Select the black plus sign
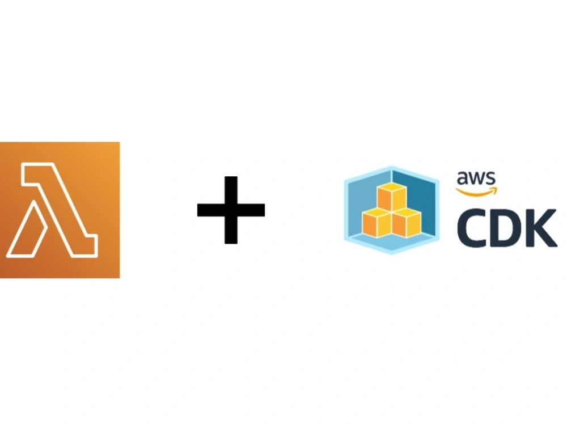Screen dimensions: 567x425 click(231, 210)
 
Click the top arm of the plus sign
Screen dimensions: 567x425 click(231, 190)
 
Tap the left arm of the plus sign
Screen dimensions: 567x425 click(210, 210)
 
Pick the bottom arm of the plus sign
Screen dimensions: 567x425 click(231, 230)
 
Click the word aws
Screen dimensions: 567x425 click(476, 178)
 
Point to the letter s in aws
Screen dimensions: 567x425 click(490, 179)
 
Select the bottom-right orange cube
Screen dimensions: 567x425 click(407, 223)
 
